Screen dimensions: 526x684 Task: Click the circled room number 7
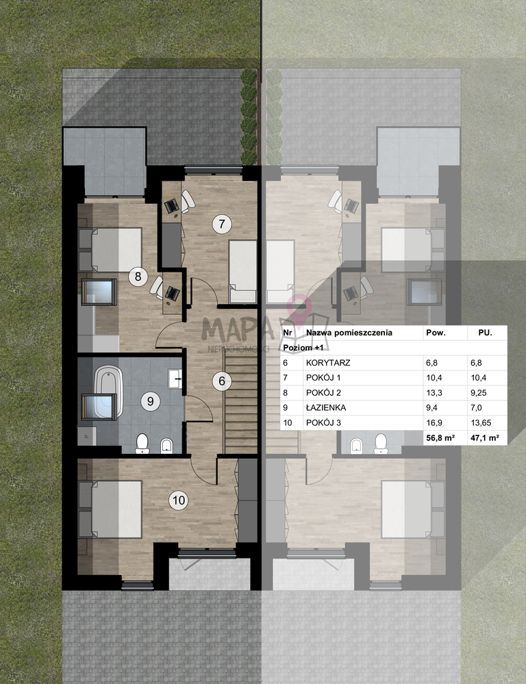(222, 224)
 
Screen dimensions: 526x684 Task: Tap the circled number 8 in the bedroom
(138, 276)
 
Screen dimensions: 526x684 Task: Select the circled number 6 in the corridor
(222, 381)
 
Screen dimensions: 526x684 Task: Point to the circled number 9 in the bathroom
(151, 401)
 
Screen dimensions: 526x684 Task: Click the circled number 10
(179, 500)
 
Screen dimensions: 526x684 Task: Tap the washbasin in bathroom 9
(175, 378)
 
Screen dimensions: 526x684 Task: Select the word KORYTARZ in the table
(328, 362)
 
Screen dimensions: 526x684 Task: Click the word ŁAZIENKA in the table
(326, 408)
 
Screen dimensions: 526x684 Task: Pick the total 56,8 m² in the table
(440, 438)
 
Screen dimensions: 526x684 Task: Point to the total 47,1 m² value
(484, 438)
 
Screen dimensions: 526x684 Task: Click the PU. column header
(485, 332)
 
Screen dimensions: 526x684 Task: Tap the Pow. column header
(436, 332)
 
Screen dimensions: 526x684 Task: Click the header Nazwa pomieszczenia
(349, 332)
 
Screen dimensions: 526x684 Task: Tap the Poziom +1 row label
(303, 348)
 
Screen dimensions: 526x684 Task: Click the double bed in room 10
(116, 509)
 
